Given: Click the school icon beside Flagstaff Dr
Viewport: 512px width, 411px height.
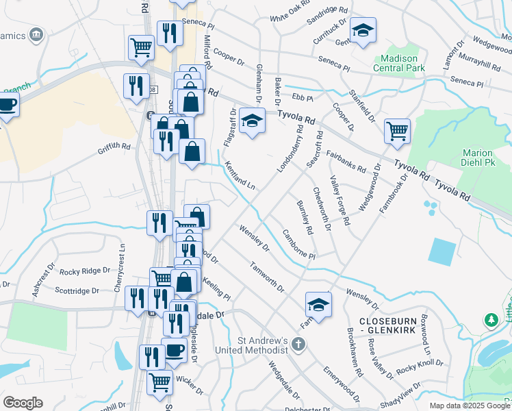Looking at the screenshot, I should [x=253, y=121].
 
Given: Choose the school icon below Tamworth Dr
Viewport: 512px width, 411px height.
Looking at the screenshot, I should [x=318, y=304].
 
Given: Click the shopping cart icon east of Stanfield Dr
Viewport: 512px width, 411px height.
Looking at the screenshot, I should [x=397, y=131].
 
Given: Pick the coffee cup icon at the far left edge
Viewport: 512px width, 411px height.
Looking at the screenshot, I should [x=7, y=105].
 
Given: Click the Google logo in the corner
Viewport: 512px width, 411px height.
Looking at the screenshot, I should [x=23, y=402].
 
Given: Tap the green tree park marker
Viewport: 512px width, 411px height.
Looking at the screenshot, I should [x=491, y=320].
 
